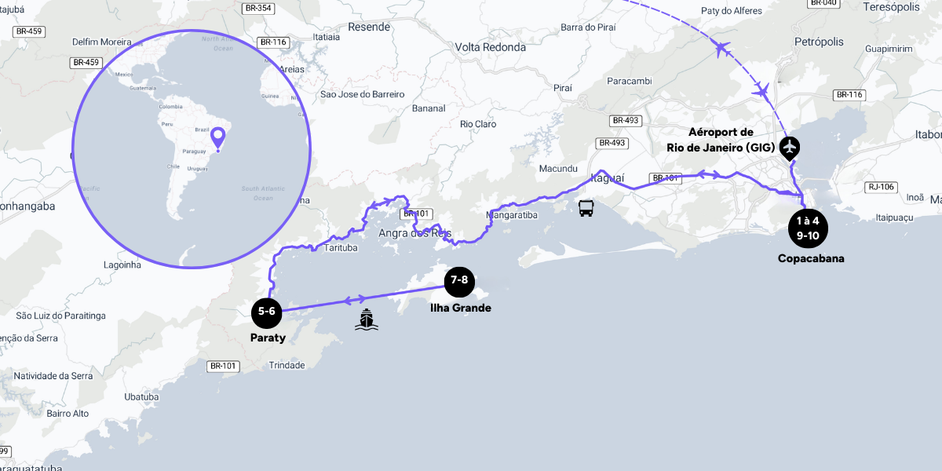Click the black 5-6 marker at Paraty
click(x=267, y=312)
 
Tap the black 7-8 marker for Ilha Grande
click(x=459, y=280)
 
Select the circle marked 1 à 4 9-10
click(x=808, y=228)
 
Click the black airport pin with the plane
click(x=790, y=148)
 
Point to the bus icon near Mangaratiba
click(x=586, y=208)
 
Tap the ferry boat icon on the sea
click(x=366, y=319)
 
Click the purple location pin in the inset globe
click(x=219, y=138)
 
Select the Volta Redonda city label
click(x=491, y=47)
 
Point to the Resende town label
click(x=369, y=27)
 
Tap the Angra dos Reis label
click(x=414, y=233)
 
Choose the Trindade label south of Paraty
click(x=287, y=366)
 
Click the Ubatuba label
click(x=141, y=396)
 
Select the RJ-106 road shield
click(x=882, y=187)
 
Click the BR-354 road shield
click(x=257, y=9)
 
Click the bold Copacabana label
click(x=811, y=258)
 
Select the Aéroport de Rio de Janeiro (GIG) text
click(x=732, y=140)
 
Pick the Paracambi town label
click(x=630, y=81)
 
